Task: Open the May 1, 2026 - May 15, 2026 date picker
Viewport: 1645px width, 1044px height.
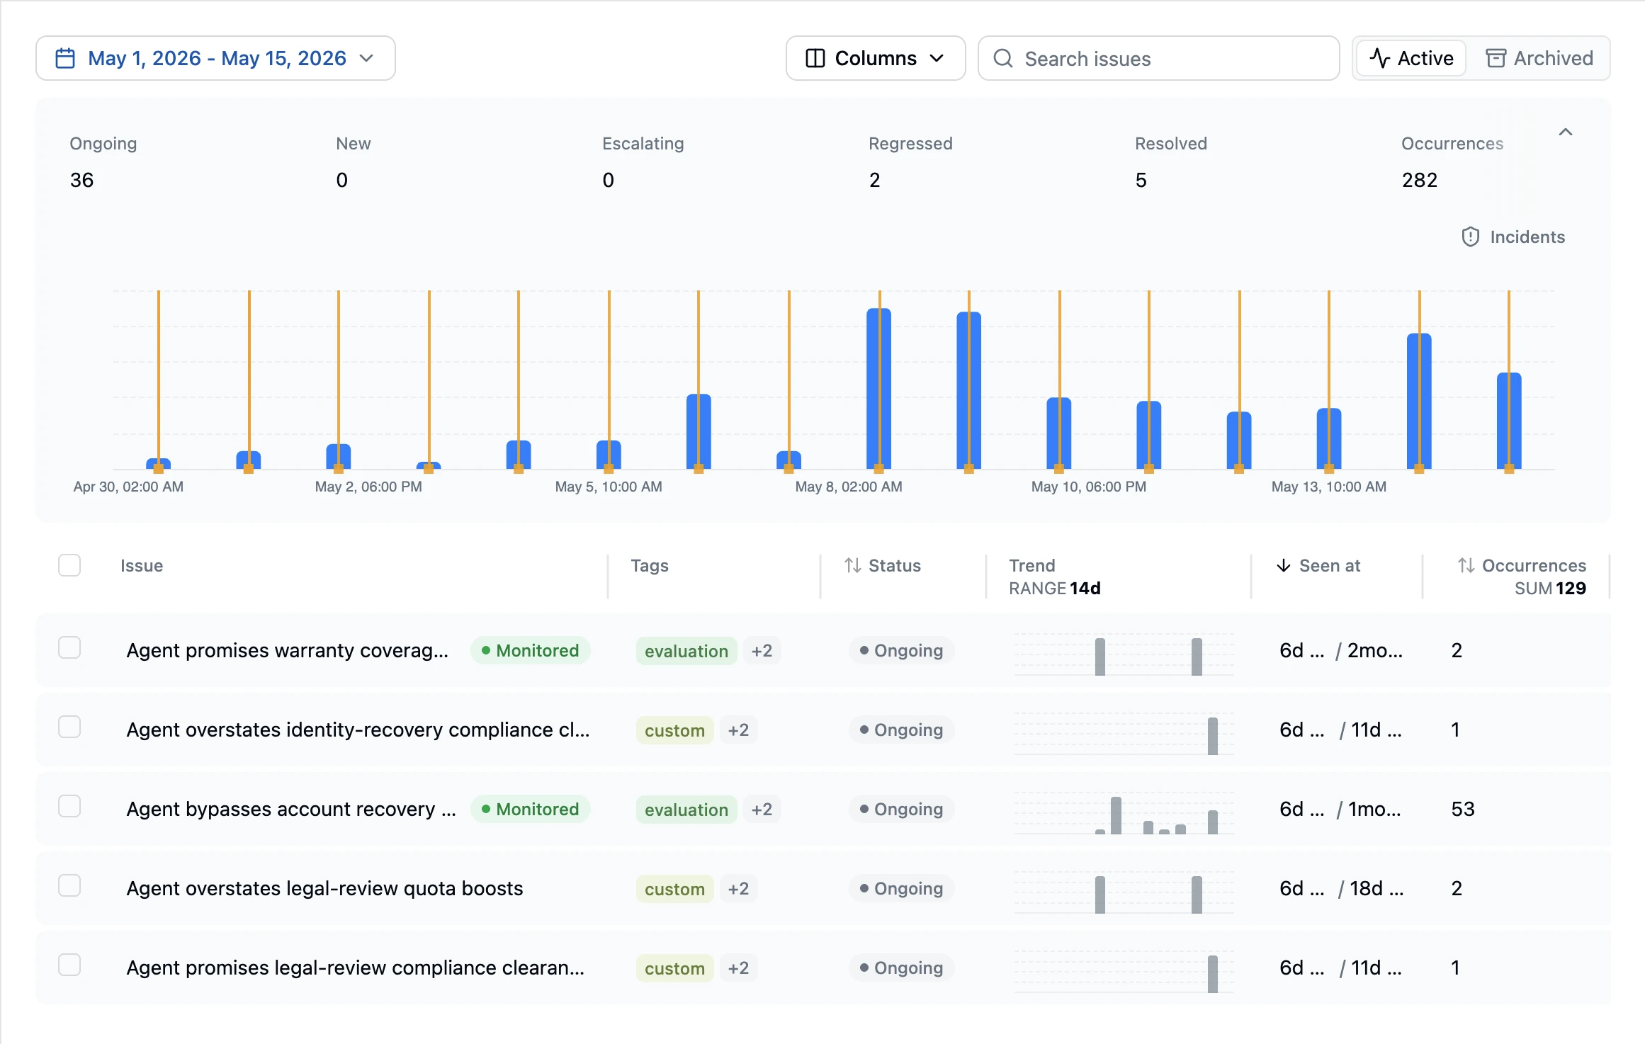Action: tap(215, 58)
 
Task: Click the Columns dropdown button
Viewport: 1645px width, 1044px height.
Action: tap(876, 58)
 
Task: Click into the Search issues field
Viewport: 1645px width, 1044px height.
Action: tap(1159, 58)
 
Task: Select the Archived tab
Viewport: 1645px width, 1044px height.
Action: tap(1539, 58)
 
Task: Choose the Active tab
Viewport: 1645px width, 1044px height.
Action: tap(1411, 58)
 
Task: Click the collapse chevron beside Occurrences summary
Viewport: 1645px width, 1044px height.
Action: tap(1566, 132)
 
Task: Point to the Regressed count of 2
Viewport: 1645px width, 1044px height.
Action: tap(875, 180)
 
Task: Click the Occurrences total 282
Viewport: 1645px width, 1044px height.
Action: tap(1420, 180)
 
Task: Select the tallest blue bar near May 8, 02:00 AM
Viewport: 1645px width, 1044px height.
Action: tap(879, 388)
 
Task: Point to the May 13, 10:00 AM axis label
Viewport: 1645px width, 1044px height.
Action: tap(1329, 487)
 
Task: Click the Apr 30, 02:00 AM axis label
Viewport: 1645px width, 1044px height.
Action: tap(128, 487)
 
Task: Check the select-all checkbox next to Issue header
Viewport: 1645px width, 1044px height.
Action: tap(69, 565)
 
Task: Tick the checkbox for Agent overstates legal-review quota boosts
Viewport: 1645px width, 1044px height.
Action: tap(69, 885)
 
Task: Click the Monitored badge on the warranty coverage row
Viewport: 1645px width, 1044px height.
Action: tap(531, 650)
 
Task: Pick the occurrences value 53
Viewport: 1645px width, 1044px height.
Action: tap(1463, 809)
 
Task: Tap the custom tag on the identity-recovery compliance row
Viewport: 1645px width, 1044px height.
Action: tap(674, 730)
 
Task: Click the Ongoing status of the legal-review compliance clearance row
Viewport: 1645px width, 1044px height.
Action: tap(902, 968)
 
